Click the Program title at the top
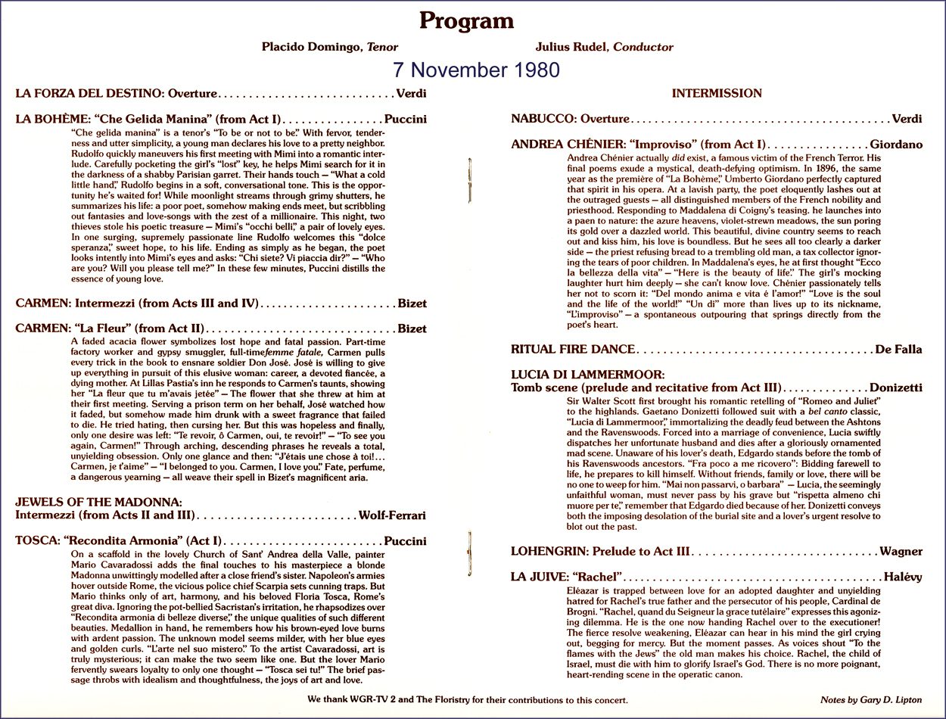(466, 20)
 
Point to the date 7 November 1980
(476, 70)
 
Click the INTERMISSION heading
(717, 93)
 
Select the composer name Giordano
(896, 144)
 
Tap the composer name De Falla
(898, 349)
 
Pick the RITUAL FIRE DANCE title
(573, 349)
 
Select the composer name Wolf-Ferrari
(392, 515)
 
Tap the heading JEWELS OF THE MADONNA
(98, 502)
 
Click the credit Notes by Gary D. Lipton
(871, 700)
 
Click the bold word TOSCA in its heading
(36, 541)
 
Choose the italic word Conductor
(643, 47)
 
